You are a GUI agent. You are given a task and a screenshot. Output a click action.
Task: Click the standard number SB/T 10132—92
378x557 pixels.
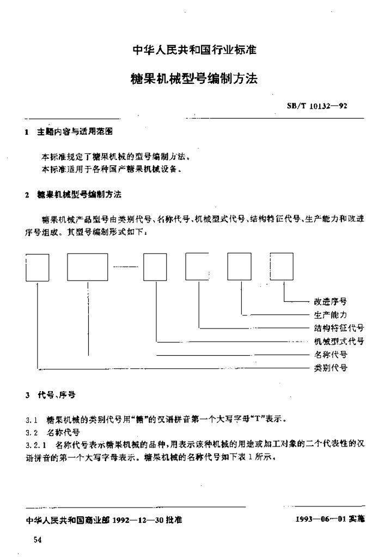(x=317, y=106)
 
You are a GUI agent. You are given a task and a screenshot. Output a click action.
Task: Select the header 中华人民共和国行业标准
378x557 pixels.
(x=194, y=51)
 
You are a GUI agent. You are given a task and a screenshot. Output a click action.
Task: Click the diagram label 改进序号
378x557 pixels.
(x=331, y=301)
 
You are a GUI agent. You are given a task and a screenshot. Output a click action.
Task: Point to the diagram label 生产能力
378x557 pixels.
(x=331, y=314)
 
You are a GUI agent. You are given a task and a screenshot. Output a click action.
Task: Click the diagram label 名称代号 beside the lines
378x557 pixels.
(x=331, y=355)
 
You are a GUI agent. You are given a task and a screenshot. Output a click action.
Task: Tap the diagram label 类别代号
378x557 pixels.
(x=331, y=368)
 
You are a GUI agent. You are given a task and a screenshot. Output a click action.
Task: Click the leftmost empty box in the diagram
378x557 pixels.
(x=38, y=267)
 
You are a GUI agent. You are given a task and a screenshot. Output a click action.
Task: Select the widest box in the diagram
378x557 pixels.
(x=87, y=267)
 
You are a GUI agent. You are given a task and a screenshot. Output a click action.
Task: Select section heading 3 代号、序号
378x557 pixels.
(x=52, y=396)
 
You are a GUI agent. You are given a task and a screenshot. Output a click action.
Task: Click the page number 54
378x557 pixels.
(x=38, y=540)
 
